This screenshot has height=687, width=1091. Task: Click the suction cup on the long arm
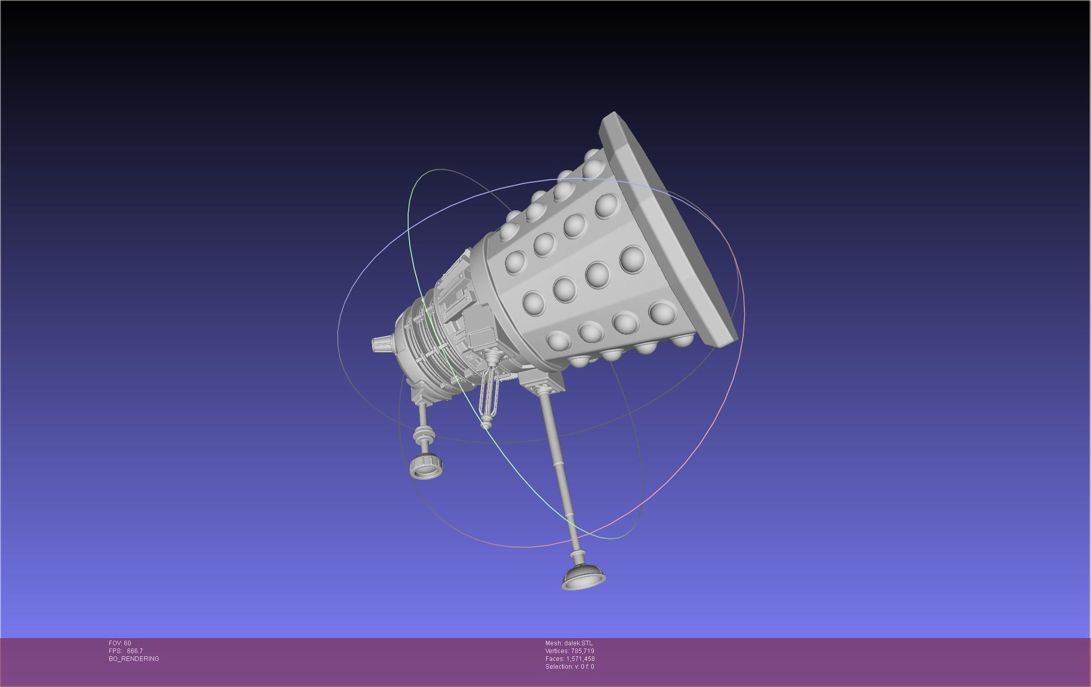coord(583,577)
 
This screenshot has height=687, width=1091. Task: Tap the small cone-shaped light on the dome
coord(382,344)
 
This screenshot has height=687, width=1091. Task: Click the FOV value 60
coord(128,643)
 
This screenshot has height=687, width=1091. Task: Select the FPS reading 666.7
coord(135,651)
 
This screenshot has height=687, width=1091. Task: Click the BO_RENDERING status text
coord(134,659)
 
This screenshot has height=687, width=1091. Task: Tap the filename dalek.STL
coord(578,643)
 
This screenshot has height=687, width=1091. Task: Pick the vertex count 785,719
coord(582,651)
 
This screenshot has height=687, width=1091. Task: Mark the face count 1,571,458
coord(580,659)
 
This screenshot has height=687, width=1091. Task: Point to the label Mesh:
coord(554,643)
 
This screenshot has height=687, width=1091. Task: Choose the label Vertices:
coord(556,651)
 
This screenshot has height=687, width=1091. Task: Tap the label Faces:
coord(554,659)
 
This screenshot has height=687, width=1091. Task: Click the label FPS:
coord(115,651)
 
